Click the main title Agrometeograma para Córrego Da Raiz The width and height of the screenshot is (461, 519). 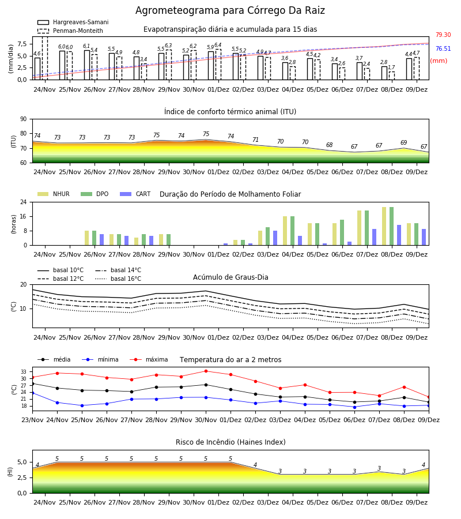(230, 10)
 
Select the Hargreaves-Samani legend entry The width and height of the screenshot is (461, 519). (73, 22)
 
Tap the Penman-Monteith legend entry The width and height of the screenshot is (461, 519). (70, 31)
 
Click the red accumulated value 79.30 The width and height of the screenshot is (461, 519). (443, 35)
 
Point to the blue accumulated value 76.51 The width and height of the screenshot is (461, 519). (443, 48)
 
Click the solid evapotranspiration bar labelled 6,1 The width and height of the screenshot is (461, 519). (87, 65)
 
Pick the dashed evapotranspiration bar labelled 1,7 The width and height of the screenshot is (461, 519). (391, 76)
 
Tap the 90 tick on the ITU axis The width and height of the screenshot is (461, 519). (24, 119)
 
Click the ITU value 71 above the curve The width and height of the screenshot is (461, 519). (256, 140)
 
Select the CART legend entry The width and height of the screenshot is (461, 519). (135, 194)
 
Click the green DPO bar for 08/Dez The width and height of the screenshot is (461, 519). (391, 226)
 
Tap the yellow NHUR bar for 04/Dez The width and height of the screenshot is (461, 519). (285, 231)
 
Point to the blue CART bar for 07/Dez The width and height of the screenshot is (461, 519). (375, 237)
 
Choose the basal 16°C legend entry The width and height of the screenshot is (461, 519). (118, 279)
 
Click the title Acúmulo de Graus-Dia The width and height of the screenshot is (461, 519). (231, 277)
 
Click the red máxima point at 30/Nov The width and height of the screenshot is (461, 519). (206, 371)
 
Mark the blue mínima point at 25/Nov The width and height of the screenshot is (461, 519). (82, 405)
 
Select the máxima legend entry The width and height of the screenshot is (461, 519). (149, 359)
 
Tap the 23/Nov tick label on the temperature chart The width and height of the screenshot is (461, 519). (32, 420)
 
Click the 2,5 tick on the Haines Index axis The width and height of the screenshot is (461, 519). (21, 477)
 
